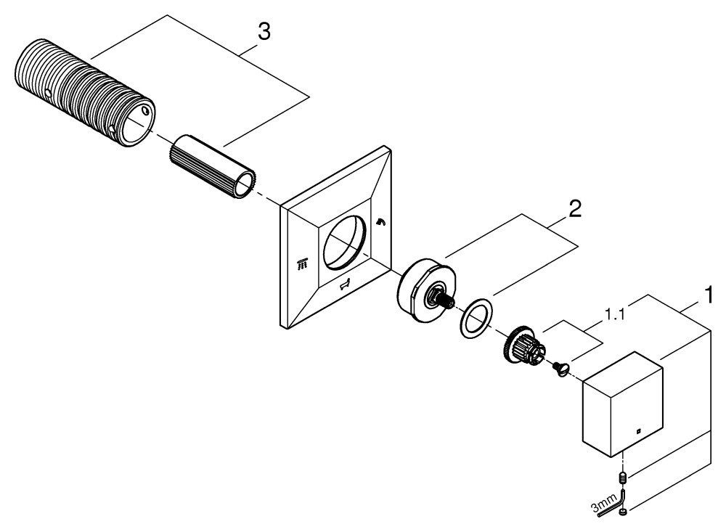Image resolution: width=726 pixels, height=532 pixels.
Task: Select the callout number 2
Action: click(x=574, y=210)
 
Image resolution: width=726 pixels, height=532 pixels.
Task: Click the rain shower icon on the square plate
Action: click(x=304, y=266)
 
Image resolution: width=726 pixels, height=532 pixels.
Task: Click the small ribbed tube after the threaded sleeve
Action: click(x=214, y=166)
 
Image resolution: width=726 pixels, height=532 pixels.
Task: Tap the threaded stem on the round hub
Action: click(x=441, y=298)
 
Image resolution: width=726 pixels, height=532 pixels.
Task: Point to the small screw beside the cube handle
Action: click(x=560, y=369)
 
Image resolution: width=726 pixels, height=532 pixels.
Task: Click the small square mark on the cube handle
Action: click(x=637, y=434)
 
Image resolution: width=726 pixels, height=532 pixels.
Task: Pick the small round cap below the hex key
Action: click(x=624, y=514)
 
